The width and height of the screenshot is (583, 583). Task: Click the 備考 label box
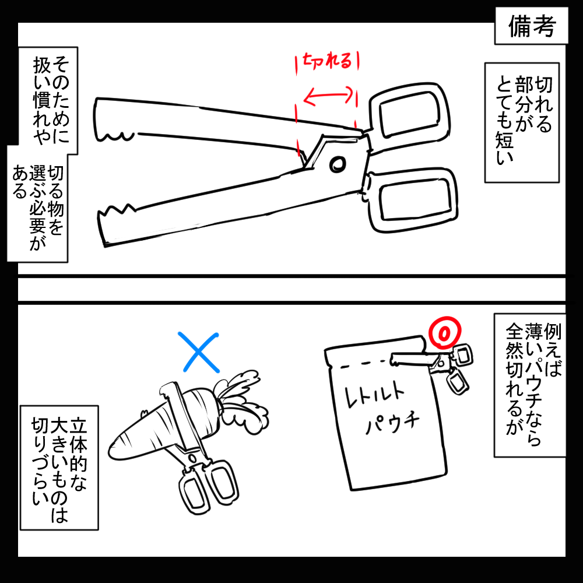click(531, 26)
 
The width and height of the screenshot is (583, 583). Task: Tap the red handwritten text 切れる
click(327, 60)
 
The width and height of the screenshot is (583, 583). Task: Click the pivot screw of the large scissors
click(338, 164)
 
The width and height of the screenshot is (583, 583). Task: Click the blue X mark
click(200, 352)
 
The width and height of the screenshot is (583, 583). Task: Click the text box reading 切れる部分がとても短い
click(522, 122)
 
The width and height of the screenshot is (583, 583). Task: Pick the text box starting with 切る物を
click(37, 205)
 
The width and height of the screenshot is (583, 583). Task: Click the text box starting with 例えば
click(530, 385)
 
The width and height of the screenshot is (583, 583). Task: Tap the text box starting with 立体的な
click(59, 468)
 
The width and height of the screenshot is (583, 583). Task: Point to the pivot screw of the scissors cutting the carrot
click(192, 457)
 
